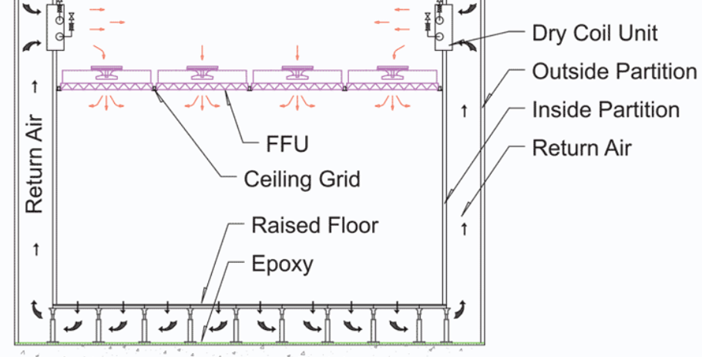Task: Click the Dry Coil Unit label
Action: click(595, 33)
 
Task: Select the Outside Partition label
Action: click(614, 72)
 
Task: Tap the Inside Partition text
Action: click(606, 109)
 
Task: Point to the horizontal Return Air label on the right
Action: click(582, 147)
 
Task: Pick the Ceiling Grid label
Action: click(301, 180)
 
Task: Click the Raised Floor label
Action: click(315, 225)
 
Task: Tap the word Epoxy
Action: click(283, 264)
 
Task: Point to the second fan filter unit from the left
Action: click(203, 78)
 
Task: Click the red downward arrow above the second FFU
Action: click(202, 52)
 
